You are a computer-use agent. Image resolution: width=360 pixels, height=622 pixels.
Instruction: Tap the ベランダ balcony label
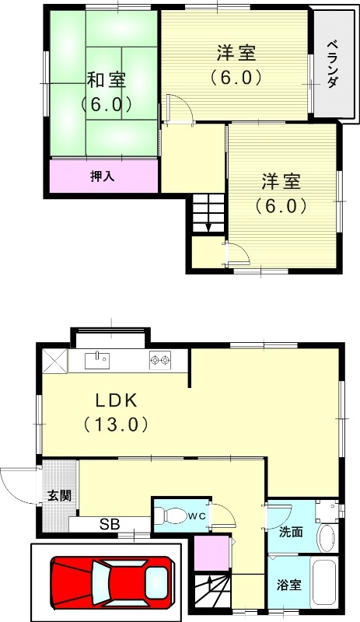click(332, 63)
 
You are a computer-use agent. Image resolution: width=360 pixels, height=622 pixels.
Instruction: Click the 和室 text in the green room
click(105, 80)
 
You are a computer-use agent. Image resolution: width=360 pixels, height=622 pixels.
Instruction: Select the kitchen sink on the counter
click(98, 359)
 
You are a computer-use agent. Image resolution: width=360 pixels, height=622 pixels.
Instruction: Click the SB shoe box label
click(109, 525)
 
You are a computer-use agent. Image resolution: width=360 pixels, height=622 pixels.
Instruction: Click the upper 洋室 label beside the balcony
click(235, 54)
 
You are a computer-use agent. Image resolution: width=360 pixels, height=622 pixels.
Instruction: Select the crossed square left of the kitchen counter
click(54, 360)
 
